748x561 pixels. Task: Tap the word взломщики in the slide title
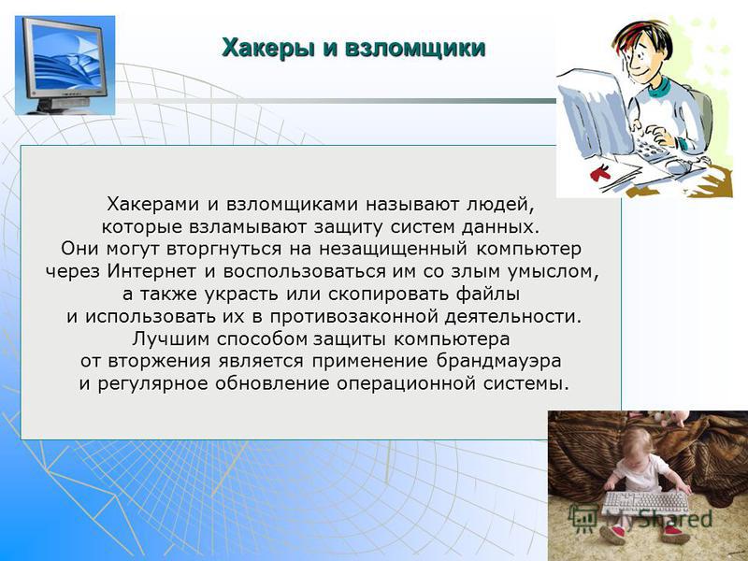click(413, 49)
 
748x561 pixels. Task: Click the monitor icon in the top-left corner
click(65, 65)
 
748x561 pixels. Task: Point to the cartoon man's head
click(642, 49)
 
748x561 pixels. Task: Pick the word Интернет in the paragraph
click(151, 271)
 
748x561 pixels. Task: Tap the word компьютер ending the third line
click(529, 249)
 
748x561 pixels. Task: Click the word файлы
click(488, 294)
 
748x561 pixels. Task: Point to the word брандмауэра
click(498, 361)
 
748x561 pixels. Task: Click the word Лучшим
click(171, 338)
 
